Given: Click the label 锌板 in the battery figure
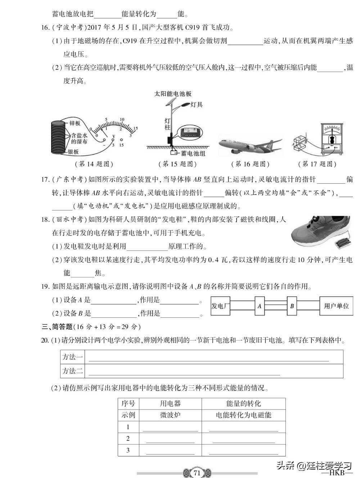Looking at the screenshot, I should click(75, 124).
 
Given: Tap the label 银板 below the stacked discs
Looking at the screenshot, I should click(73, 152).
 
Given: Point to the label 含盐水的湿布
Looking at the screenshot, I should click(79, 139).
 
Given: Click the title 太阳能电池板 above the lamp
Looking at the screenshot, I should click(173, 94).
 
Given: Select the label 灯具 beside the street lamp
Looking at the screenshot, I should click(197, 105).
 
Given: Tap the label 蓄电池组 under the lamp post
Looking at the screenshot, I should click(193, 153).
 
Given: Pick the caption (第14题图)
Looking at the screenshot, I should click(94, 164).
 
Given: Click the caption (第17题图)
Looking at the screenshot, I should click(317, 164).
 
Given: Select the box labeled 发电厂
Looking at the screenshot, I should click(220, 306).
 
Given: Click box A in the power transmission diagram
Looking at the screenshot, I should click(259, 306).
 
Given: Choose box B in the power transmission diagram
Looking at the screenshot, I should click(292, 306).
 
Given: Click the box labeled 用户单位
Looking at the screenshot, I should click(336, 306).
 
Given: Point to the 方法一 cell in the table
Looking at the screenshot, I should click(72, 357).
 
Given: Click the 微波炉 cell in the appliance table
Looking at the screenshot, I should click(170, 415).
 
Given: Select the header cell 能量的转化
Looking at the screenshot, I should click(243, 403).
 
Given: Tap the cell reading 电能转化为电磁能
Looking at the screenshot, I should click(243, 415).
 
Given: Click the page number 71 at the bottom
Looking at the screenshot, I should click(197, 473).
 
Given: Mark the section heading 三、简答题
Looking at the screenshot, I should click(57, 327).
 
